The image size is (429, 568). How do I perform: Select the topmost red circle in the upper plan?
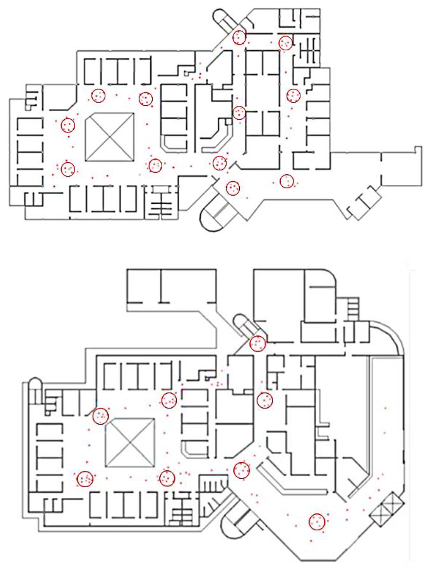239,38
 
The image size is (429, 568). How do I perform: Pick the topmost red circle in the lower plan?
257,344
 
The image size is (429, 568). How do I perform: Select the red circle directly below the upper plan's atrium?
155,166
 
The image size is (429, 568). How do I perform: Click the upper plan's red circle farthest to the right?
293,95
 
